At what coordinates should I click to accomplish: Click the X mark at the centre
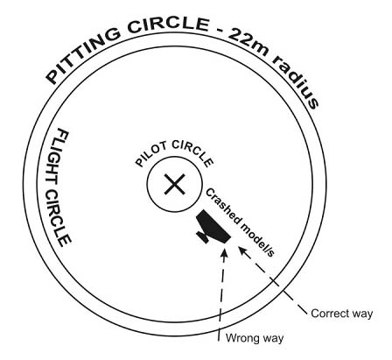coord(174,184)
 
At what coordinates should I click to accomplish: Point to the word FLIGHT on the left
coord(59,157)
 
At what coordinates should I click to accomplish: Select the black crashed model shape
coord(213,227)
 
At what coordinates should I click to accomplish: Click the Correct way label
coord(342,314)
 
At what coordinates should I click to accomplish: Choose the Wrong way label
coord(255,338)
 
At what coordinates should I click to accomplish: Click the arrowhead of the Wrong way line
coord(224,253)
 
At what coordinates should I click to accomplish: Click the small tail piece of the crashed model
coord(203,236)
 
